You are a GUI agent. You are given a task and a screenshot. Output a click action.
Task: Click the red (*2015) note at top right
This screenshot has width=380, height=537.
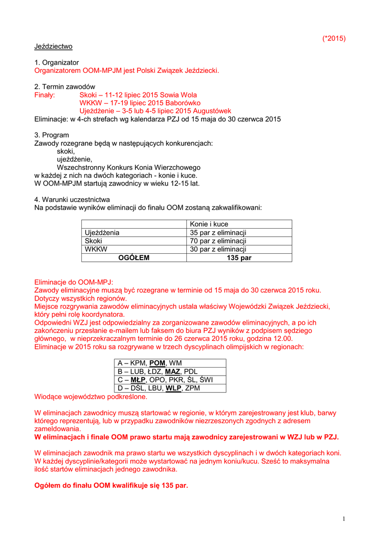click(333, 38)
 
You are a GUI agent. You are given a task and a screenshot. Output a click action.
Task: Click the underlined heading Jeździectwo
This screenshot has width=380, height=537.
click(54, 46)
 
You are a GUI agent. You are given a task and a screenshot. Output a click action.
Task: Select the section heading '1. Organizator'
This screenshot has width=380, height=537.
click(57, 62)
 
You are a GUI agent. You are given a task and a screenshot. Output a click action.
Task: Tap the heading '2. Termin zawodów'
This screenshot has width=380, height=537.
click(65, 87)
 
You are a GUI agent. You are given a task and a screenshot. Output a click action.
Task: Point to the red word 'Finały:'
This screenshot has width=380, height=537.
click(45, 95)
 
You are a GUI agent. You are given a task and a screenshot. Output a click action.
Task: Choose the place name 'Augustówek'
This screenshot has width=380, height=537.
click(212, 111)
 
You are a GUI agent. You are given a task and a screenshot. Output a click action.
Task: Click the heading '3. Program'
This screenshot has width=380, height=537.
click(51, 135)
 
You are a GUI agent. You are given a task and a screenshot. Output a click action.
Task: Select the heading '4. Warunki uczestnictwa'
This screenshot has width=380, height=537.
click(72, 199)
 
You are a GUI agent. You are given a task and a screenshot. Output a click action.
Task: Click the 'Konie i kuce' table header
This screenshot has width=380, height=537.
click(209, 224)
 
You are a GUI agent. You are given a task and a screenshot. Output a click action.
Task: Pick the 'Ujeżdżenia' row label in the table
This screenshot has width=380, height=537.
click(102, 232)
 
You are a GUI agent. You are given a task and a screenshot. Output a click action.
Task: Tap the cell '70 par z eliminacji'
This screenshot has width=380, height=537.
click(218, 241)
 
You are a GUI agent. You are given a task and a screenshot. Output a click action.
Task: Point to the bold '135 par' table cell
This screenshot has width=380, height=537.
click(239, 257)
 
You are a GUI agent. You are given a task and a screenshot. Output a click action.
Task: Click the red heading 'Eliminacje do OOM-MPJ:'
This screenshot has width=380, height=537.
click(73, 282)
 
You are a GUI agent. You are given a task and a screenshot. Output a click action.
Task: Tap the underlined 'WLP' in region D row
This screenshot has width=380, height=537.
click(174, 388)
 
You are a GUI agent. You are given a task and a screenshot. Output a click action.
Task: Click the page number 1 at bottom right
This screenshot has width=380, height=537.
click(344, 519)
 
